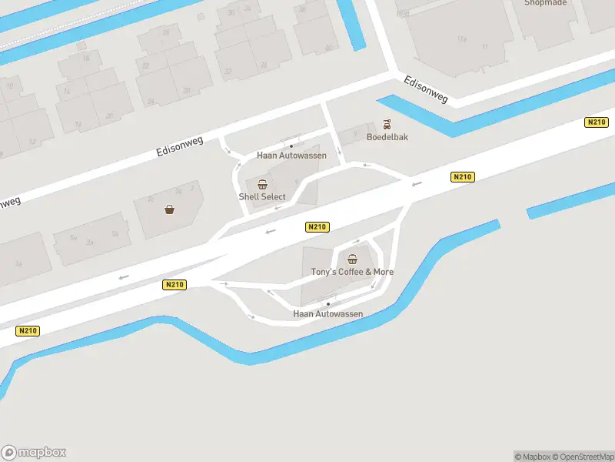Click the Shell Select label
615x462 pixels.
coord(262,196)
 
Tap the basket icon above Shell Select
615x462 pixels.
coord(263,184)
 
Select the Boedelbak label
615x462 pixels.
coord(387,137)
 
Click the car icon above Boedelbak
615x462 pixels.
coord(388,124)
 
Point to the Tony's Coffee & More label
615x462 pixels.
coord(352,272)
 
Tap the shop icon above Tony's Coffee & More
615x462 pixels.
coord(353,259)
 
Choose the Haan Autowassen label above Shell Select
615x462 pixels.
coord(291,155)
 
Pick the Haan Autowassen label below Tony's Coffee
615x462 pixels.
coord(328,314)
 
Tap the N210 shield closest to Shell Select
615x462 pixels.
coord(317,226)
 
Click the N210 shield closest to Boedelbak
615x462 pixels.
coord(462,177)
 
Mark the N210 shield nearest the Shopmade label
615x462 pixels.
coord(596,122)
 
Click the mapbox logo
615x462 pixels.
coord(34,452)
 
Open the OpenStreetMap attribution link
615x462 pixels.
coord(582,456)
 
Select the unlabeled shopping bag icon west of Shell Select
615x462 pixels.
coord(169,209)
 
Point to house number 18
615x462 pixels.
coord(85,59)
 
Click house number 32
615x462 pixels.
coord(228,72)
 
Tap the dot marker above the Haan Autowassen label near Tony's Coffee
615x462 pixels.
coord(328,304)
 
